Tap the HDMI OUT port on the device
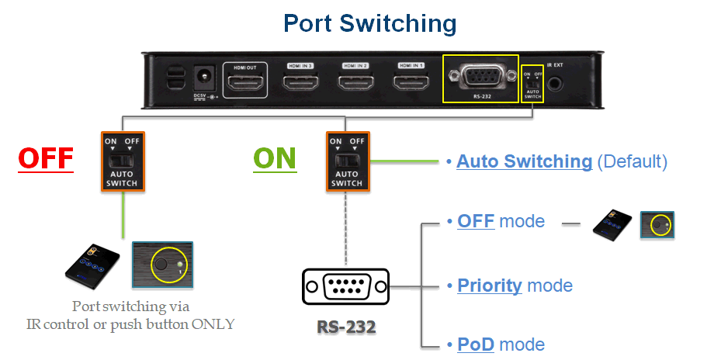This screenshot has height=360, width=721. point(245,81)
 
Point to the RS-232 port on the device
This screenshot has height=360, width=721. point(480,78)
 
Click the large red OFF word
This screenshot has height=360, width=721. point(46,158)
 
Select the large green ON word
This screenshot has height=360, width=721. point(275,158)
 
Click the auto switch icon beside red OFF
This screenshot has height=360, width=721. point(122,161)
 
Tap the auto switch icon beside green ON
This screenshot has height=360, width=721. point(346,161)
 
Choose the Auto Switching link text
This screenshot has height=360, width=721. point(524,161)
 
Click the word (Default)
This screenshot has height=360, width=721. point(632,161)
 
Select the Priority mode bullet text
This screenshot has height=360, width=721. point(514,286)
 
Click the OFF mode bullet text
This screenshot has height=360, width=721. point(500,222)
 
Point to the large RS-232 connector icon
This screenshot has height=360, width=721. point(346,287)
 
